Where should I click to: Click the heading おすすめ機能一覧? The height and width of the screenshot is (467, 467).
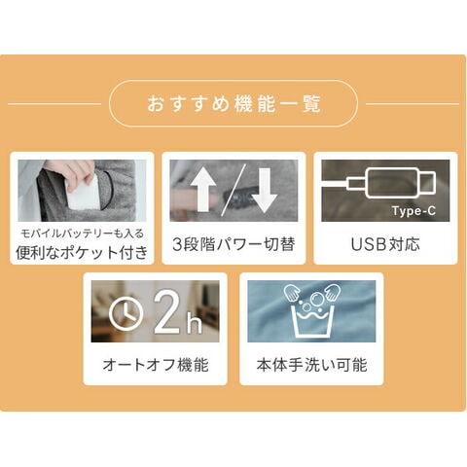coord(233,103)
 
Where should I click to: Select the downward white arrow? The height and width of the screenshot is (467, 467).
coord(265,191)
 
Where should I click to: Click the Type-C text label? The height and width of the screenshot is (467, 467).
coord(413,211)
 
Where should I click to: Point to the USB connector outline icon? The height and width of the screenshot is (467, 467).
coord(392,184)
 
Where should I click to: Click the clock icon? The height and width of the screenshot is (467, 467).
coord(126,312)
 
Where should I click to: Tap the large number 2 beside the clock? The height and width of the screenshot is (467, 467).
coord(167,311)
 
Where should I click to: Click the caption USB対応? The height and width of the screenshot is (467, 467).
coord(385,244)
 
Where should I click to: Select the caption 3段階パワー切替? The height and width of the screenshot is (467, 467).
coord(233,244)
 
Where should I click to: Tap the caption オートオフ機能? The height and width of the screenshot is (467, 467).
coord(156,365)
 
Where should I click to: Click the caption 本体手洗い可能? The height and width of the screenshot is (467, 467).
coord(311,365)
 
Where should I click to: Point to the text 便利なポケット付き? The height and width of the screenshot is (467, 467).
coord(82,253)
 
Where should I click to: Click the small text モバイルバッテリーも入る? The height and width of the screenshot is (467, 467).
coord(82,233)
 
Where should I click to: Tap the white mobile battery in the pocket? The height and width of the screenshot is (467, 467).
coord(83,194)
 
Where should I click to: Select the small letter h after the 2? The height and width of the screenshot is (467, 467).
coord(194,323)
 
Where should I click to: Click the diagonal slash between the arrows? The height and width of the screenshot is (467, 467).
coord(233,190)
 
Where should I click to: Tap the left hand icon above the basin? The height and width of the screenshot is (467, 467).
coord(292,292)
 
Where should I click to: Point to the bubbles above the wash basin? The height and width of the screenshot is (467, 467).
coord(311,300)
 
